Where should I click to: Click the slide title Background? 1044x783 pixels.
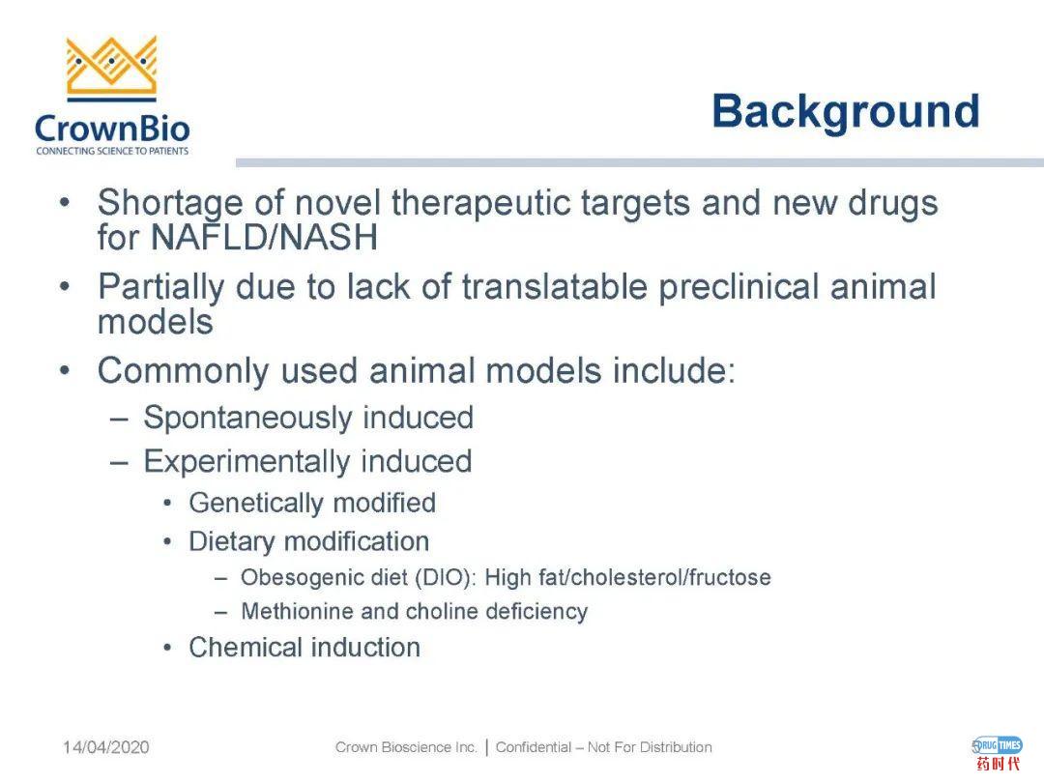pyautogui.click(x=846, y=112)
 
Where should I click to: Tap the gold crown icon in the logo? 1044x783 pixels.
pyautogui.click(x=112, y=68)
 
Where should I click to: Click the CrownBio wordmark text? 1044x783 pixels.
pyautogui.click(x=112, y=129)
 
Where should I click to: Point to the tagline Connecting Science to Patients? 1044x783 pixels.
pyautogui.click(x=112, y=151)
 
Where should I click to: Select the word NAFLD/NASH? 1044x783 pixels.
pyautogui.click(x=264, y=238)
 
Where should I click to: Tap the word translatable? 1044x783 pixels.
pyautogui.click(x=555, y=287)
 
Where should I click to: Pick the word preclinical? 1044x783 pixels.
pyautogui.click(x=739, y=288)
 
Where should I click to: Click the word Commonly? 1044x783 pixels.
pyautogui.click(x=183, y=371)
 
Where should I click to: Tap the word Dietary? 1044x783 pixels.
pyautogui.click(x=231, y=542)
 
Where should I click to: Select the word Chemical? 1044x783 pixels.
pyautogui.click(x=244, y=647)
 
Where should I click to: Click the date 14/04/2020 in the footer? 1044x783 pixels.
pyautogui.click(x=106, y=747)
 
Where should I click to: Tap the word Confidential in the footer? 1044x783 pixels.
pyautogui.click(x=534, y=747)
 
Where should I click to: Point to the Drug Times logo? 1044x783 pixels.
pyautogui.click(x=998, y=753)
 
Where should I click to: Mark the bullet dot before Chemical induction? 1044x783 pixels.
pyautogui.click(x=168, y=647)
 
